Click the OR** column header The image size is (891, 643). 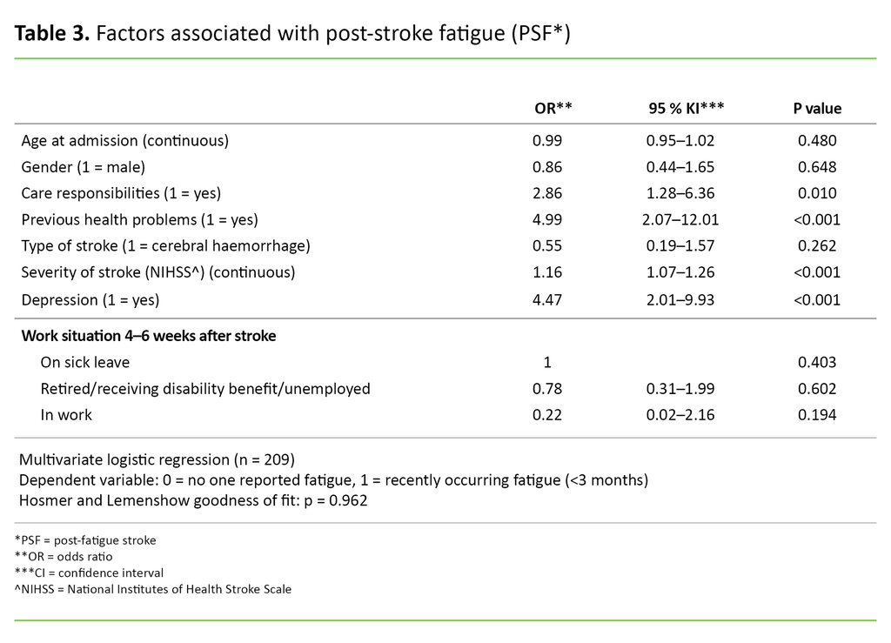(x=553, y=108)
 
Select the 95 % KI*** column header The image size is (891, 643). (x=687, y=108)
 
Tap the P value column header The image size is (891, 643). (x=816, y=108)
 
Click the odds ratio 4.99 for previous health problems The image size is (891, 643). (x=547, y=219)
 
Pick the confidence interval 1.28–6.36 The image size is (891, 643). (x=680, y=193)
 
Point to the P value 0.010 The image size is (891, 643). (x=817, y=193)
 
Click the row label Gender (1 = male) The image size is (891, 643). (x=83, y=167)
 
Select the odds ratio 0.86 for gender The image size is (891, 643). (x=547, y=167)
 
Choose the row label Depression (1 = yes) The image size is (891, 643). (x=90, y=300)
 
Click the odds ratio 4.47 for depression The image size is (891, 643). (x=547, y=300)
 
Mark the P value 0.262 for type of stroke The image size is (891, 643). (x=817, y=246)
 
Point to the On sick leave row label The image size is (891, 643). (x=84, y=362)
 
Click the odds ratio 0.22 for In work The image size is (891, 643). (x=547, y=415)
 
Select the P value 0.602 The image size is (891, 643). (x=817, y=389)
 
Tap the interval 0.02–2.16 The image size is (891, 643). (x=680, y=415)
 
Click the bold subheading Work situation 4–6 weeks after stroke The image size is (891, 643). (x=149, y=335)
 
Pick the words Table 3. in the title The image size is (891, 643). (x=52, y=35)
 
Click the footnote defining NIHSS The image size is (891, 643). (x=153, y=589)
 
